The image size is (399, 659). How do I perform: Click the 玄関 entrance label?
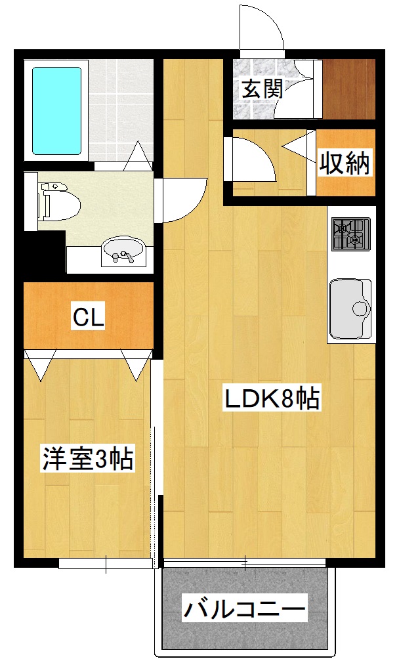(262, 89)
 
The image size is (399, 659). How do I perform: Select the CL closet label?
(89, 318)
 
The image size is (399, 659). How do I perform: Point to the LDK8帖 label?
(272, 398)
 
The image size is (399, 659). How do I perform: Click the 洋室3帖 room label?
(88, 459)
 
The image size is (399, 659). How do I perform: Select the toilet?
(59, 201)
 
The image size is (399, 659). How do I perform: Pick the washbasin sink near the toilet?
(123, 251)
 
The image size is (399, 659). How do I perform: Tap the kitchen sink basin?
(350, 306)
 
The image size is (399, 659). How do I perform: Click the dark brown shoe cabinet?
(348, 89)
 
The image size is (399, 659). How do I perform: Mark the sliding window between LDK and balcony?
(244, 563)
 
